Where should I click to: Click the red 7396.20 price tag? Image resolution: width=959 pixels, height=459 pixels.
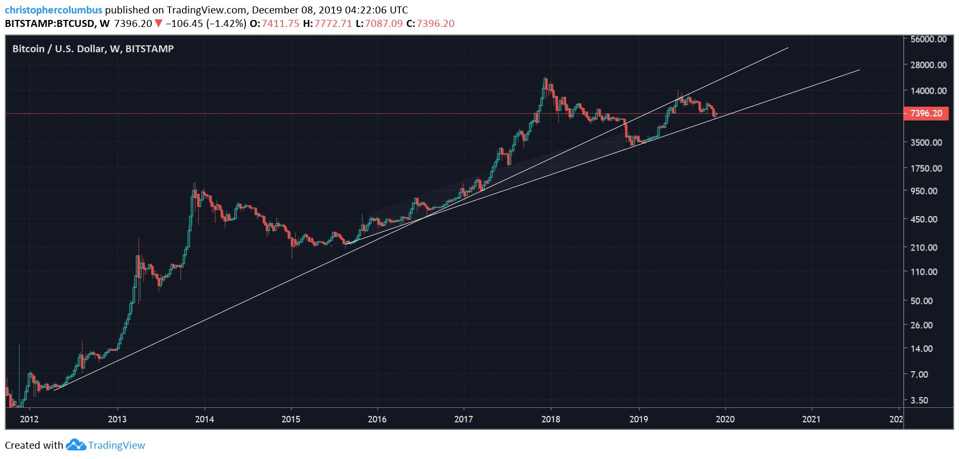926,113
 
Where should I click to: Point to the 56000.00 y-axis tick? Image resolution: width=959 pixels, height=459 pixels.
928,39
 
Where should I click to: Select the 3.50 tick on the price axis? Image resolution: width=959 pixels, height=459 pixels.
919,400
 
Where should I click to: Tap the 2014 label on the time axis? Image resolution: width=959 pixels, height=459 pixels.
204,419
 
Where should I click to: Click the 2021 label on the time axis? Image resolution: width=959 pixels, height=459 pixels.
811,419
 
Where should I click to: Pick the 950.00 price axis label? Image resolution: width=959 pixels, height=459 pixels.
923,191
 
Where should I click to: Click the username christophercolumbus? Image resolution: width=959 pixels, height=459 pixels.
53,10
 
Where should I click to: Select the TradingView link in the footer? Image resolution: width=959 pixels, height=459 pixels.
116,446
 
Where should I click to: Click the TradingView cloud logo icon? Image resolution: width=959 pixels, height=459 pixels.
75,445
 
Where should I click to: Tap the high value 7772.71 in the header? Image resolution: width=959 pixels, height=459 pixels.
333,24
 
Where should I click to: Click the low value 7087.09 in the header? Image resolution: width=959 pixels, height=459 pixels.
384,24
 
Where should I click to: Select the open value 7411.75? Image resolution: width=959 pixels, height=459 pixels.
280,24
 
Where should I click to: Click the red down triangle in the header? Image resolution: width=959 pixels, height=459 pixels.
158,24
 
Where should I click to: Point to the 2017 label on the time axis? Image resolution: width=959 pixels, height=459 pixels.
463,419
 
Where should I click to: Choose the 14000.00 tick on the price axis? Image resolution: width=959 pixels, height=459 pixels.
928,91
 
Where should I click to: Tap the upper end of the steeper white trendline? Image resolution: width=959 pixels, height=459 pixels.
787,48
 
